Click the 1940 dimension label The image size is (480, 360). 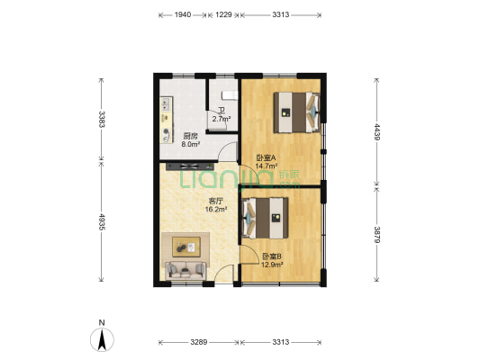[183, 14]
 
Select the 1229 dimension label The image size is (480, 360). [223, 14]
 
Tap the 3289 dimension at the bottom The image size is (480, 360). [199, 342]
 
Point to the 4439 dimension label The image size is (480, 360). [377, 131]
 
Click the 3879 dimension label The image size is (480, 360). [377, 235]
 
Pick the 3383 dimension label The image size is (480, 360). [102, 119]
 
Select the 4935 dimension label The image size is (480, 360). [102, 222]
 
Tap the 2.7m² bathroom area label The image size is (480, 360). [222, 119]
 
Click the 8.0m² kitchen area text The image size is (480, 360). [191, 144]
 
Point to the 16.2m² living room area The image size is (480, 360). [216, 209]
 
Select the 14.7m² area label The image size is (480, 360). [267, 166]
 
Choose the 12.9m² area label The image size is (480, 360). [272, 265]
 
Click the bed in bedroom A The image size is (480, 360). [296, 112]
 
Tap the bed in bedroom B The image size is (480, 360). [265, 218]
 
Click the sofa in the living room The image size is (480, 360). [186, 270]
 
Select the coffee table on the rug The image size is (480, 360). [186, 247]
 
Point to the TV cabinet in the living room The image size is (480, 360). [190, 166]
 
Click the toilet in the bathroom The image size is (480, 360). [230, 95]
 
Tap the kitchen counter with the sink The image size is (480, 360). [167, 120]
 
